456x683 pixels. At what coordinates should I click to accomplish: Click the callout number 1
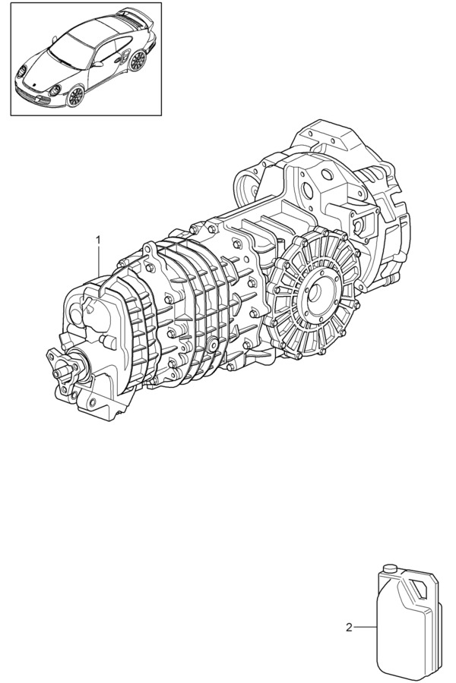coord(98,240)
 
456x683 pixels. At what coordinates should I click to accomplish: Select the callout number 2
coord(349,628)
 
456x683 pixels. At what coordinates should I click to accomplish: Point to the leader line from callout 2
coord(365,628)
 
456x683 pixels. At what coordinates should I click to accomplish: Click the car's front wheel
coord(74,96)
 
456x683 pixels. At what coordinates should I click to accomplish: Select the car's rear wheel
coord(138,60)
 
